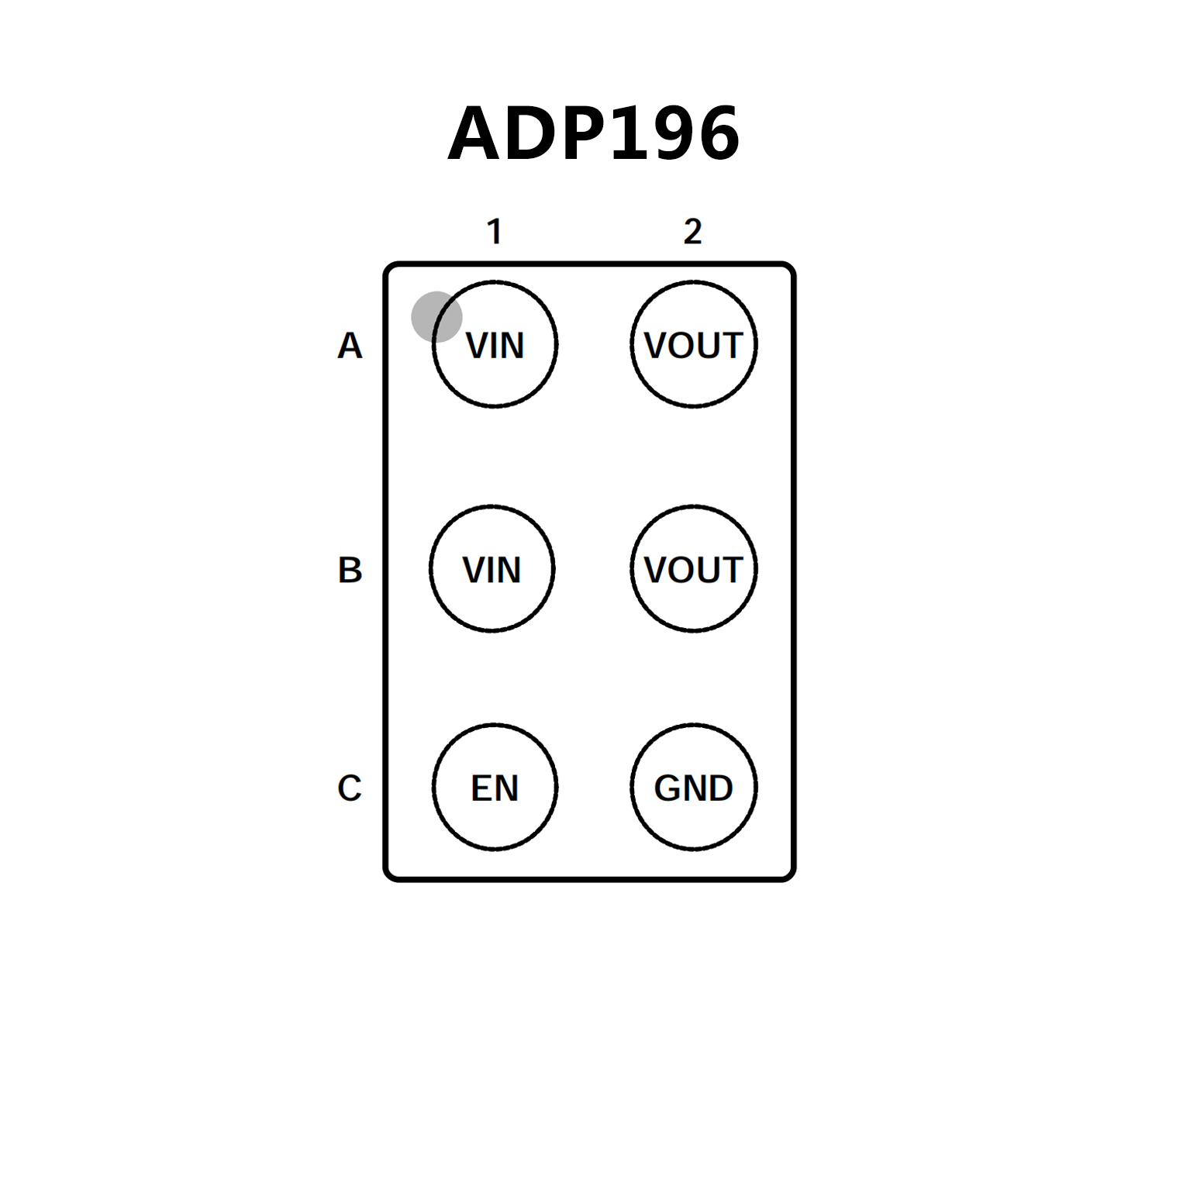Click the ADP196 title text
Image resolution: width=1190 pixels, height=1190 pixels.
click(594, 133)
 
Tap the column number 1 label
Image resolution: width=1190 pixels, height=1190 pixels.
click(495, 232)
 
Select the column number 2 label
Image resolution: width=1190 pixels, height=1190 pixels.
click(692, 232)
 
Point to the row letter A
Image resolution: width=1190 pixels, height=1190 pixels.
click(350, 346)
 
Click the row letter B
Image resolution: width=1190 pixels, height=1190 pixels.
click(350, 570)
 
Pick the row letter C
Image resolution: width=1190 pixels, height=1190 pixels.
click(350, 788)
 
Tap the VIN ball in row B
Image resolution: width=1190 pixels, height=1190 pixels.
click(492, 601)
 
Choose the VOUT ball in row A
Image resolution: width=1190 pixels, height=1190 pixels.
click(693, 380)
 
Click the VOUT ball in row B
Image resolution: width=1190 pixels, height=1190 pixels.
click(693, 605)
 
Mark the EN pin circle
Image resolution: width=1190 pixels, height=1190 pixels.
click(495, 822)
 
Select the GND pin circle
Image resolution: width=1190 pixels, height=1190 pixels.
click(693, 822)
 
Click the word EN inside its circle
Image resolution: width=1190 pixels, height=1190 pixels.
click(495, 788)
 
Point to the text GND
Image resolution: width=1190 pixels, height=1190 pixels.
click(693, 788)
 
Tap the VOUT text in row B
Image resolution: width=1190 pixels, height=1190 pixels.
click(693, 570)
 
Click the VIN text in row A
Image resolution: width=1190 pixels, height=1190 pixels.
click(495, 346)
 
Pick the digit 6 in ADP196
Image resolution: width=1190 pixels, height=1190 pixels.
click(717, 134)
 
